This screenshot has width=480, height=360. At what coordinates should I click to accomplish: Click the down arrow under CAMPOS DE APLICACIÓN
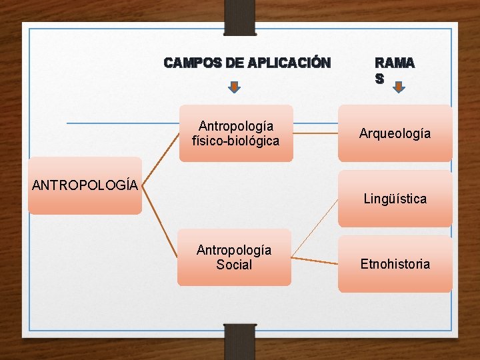point(234,86)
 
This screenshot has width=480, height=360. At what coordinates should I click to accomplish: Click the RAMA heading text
point(394,63)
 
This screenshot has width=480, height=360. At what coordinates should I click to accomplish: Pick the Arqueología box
point(395,133)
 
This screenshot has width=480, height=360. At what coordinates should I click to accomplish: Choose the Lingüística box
point(395,199)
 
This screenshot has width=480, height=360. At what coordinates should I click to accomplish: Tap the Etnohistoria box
point(395,264)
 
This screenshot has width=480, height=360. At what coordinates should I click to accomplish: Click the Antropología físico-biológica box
point(235,133)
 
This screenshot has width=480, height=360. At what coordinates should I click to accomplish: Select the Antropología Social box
point(234,257)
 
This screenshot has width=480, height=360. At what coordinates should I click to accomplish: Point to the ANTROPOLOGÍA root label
point(85,185)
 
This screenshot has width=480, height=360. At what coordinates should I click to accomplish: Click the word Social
point(234,265)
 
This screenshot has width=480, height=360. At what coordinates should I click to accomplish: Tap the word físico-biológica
point(235,141)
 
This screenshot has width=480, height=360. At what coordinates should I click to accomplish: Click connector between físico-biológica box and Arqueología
point(315,133)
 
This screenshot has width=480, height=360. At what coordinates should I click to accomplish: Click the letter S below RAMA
point(379,78)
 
